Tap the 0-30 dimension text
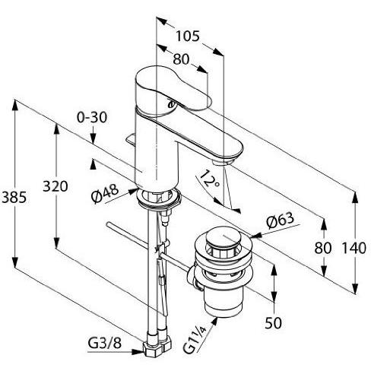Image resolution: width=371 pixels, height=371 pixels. tap(94, 118)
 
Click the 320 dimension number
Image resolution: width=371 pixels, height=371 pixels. tap(55, 187)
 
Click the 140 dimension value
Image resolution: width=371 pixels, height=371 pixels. tap(354, 247)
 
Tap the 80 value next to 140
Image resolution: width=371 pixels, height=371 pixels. tap(324, 247)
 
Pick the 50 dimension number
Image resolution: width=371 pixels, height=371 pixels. tap(274, 323)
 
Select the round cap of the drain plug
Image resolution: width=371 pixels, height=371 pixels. tap(221, 242)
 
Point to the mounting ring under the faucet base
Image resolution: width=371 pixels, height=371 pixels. tap(160, 199)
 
